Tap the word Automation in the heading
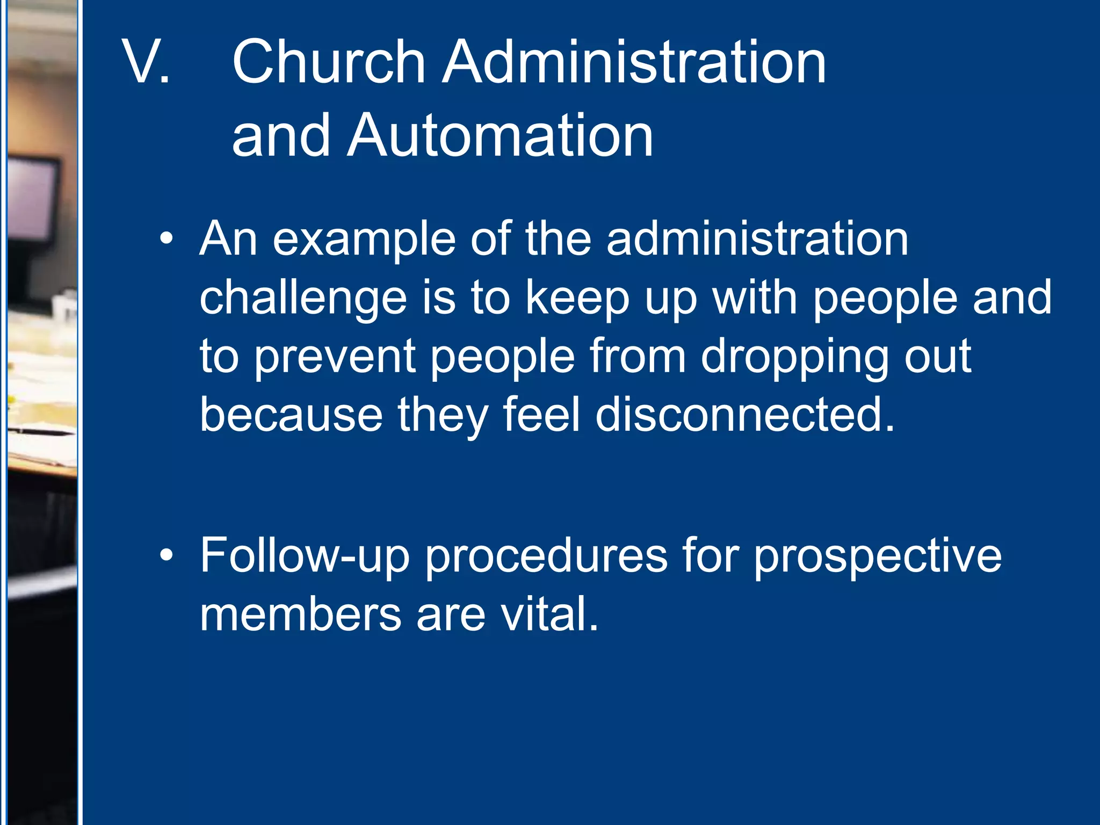[500, 136]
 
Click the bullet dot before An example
[167, 238]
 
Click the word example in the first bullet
[364, 240]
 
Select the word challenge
[303, 299]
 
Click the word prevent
[335, 357]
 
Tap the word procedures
[546, 556]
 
